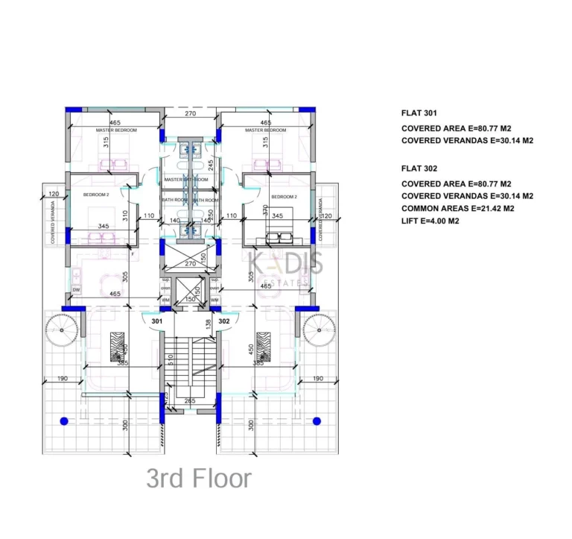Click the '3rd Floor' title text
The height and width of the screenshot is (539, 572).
click(x=199, y=479)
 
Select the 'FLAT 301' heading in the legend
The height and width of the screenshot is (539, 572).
click(x=421, y=113)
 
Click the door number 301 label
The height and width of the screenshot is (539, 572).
click(x=157, y=321)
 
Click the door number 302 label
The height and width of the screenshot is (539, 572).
click(x=224, y=321)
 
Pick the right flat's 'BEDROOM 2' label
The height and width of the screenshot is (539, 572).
click(x=284, y=197)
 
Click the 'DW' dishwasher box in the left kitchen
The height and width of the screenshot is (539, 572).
click(x=76, y=289)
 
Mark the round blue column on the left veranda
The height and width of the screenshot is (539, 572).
click(x=64, y=421)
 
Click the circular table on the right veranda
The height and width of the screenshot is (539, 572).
click(x=318, y=327)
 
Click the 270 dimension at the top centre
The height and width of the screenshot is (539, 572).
click(x=190, y=114)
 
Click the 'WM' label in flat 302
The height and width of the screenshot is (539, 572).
click(x=214, y=300)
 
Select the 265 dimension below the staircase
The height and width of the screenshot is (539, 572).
click(x=190, y=401)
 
